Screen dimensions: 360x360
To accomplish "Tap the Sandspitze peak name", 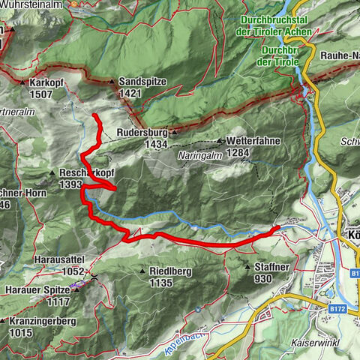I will [142, 82].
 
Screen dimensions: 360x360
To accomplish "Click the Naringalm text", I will [200, 151].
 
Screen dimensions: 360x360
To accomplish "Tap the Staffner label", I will [274, 266].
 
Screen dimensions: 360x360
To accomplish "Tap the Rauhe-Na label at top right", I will [334, 52].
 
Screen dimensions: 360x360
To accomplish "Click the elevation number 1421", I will [130, 93].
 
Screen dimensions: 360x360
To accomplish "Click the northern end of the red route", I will [94, 115].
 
